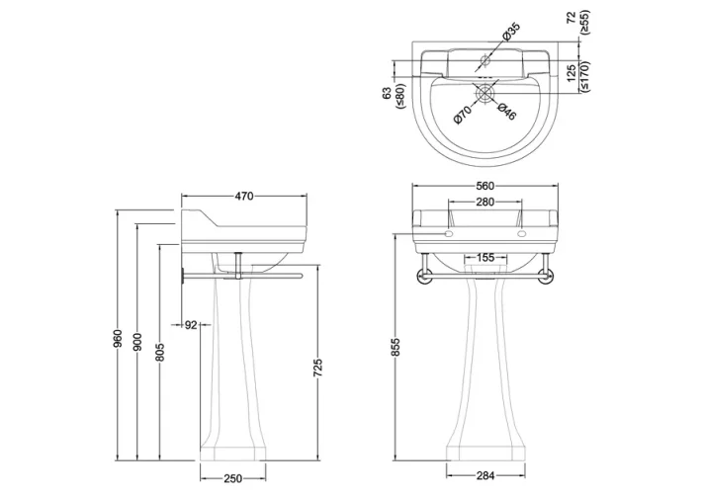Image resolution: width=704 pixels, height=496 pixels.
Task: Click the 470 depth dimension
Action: click(244, 196)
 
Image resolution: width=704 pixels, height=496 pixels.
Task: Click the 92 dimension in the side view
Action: click(192, 323)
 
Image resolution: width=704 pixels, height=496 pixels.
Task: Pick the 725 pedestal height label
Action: click(316, 368)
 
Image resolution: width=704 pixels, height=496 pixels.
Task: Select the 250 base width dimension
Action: click(230, 478)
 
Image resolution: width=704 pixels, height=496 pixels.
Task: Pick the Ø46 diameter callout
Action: click(507, 114)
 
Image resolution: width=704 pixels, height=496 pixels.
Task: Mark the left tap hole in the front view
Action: click(448, 235)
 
